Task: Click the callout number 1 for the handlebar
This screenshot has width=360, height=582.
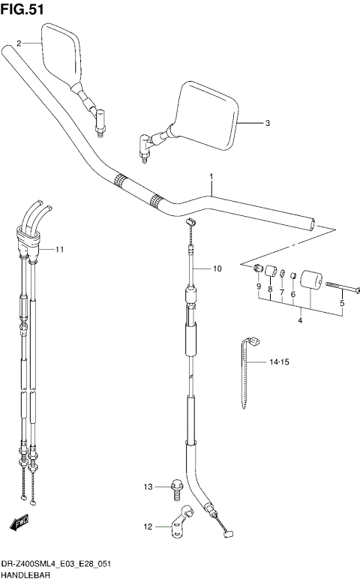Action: [x=212, y=178]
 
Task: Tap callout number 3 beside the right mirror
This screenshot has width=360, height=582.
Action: [x=268, y=123]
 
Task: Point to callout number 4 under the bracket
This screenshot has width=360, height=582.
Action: [x=299, y=322]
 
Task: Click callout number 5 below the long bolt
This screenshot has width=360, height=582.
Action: [x=342, y=303]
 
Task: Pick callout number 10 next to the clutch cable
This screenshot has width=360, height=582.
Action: [x=217, y=268]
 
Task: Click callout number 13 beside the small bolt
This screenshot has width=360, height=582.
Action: [x=148, y=488]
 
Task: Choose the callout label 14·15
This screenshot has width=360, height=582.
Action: [x=279, y=363]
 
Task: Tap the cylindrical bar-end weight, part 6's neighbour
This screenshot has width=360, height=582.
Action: [x=310, y=284]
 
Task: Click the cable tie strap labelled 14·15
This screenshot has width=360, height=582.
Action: [x=246, y=375]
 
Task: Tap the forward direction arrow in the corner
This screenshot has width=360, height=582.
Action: [x=20, y=521]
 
